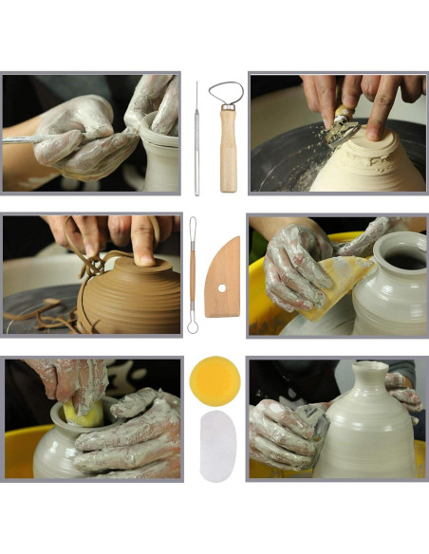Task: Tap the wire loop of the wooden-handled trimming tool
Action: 226,94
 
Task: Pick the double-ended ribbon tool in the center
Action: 192,274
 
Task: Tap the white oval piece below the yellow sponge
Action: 217,445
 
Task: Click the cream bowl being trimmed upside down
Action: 365,161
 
